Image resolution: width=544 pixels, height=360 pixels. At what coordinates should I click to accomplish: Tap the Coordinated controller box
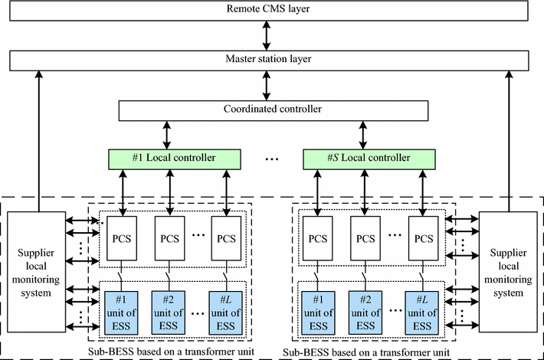[273, 110]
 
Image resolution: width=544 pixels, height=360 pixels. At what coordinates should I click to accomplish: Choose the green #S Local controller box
[369, 159]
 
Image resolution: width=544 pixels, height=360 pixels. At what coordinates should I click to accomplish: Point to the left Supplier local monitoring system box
[35, 271]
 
